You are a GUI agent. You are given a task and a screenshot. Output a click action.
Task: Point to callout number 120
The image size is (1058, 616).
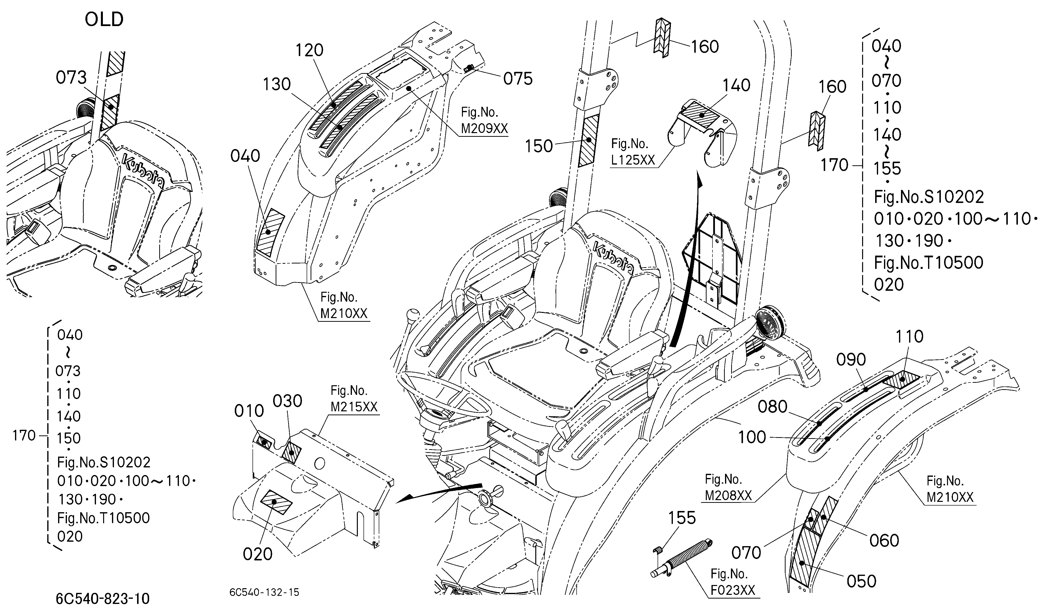point(309,50)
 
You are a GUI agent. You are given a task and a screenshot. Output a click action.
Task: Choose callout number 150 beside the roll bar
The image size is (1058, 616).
point(539,146)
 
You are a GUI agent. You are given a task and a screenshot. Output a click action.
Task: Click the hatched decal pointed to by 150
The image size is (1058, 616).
point(589,141)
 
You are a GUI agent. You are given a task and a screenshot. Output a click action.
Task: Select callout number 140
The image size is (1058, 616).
point(736,86)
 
